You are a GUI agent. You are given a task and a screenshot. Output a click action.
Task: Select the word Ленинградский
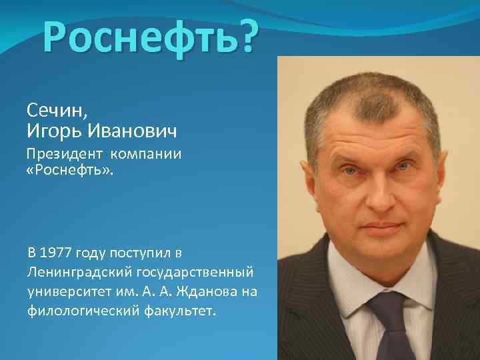coord(79,272)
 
